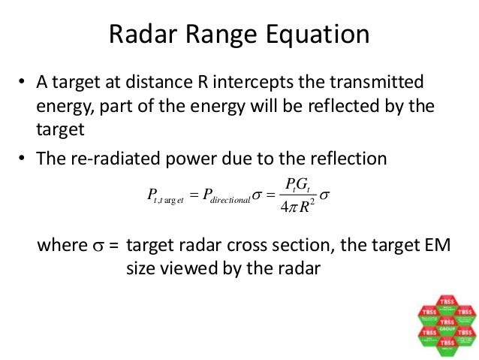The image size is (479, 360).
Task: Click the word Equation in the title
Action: click(315, 35)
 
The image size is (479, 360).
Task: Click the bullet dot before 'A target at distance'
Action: click(23, 81)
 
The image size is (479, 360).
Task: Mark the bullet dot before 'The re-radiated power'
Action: click(23, 159)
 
